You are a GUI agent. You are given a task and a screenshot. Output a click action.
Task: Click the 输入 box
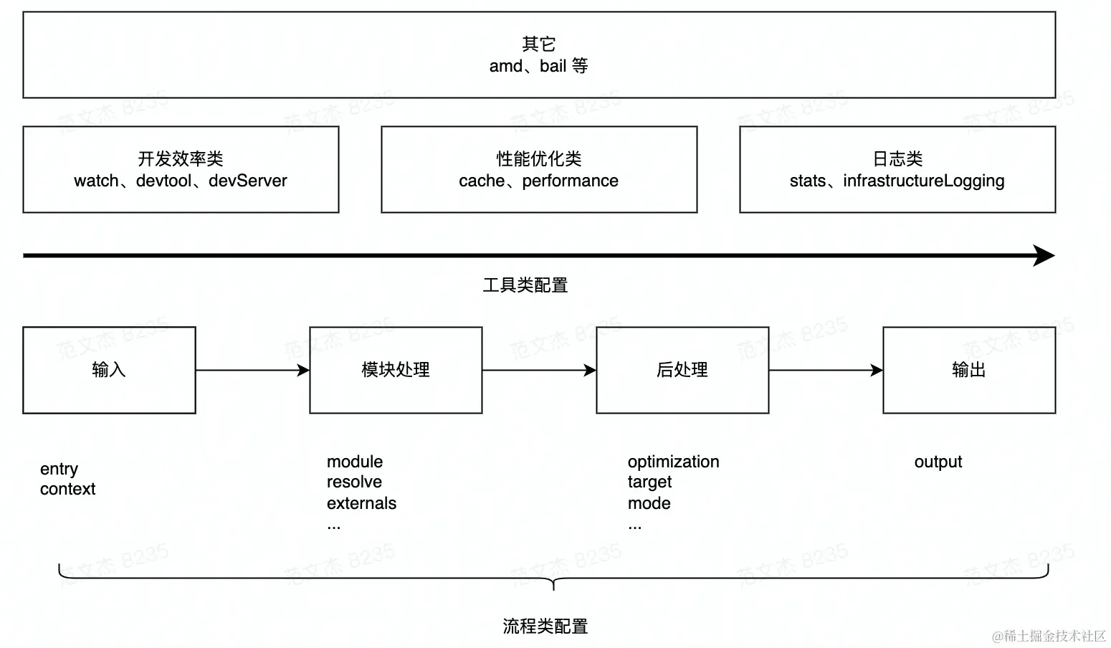(109, 370)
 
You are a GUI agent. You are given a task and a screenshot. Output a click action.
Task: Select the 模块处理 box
(396, 370)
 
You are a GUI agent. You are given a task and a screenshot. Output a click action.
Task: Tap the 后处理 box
(682, 370)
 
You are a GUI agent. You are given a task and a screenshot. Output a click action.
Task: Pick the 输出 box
(969, 370)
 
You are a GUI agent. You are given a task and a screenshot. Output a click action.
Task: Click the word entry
(59, 470)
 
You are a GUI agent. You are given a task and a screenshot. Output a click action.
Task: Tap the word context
(67, 490)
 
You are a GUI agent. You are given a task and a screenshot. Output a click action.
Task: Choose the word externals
(361, 504)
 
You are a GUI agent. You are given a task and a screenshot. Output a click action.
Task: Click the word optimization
(673, 462)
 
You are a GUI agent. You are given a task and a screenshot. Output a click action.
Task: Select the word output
(938, 462)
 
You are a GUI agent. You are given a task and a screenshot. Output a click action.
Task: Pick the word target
(649, 482)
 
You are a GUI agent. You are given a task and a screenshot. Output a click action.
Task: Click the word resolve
(354, 482)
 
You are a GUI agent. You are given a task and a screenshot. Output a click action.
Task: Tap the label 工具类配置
(525, 285)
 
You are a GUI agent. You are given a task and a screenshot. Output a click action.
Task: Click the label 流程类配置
(545, 626)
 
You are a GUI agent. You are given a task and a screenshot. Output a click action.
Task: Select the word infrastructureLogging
(923, 181)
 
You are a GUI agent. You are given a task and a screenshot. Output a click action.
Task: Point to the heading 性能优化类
(539, 158)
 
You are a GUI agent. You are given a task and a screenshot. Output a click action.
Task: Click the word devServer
(248, 181)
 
